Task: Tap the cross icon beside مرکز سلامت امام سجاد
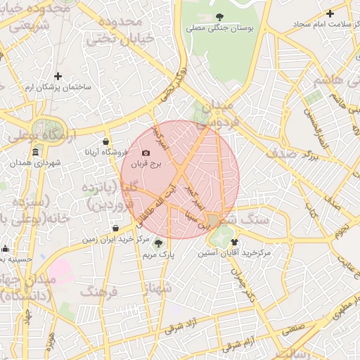click(330, 13)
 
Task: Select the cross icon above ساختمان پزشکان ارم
click(58, 75)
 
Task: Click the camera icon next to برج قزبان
click(146, 153)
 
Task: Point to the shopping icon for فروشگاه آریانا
click(105, 141)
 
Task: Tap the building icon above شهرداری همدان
click(35, 153)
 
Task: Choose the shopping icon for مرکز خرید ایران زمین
click(115, 228)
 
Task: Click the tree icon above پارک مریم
click(157, 243)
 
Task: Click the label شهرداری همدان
click(36, 163)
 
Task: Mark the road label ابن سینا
click(196, 219)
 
